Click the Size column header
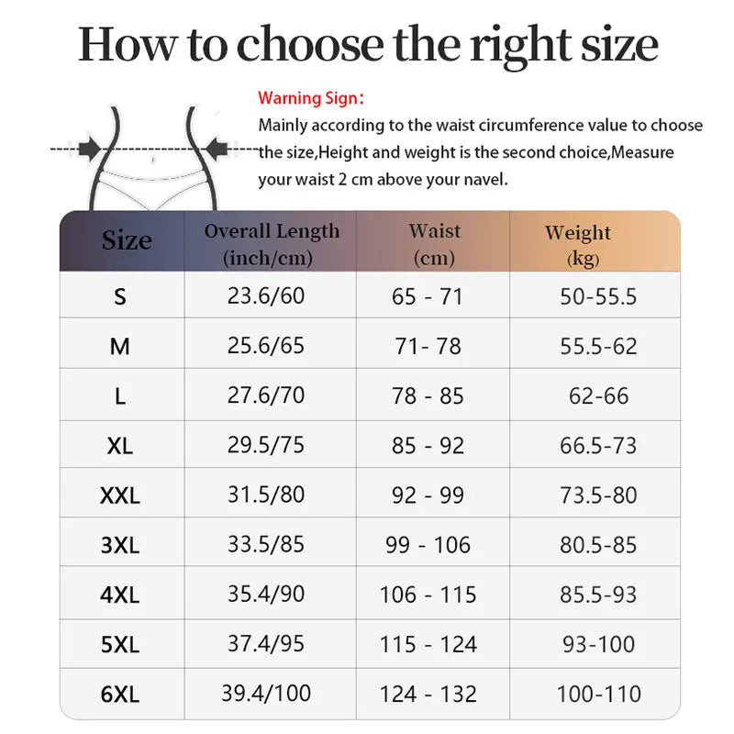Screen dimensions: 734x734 127,241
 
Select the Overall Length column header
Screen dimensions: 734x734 272,244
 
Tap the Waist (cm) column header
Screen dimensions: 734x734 434,244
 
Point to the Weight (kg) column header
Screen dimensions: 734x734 577,245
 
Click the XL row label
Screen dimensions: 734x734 119,447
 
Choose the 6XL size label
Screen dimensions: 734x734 119,695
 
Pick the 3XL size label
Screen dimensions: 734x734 119,546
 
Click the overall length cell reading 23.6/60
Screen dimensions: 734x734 266,296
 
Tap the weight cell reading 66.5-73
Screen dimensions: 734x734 598,446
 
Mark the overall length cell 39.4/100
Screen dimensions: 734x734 266,694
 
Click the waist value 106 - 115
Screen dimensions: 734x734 428,595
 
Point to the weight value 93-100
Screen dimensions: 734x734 598,644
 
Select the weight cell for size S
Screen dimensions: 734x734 598,296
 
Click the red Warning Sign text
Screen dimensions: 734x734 311,97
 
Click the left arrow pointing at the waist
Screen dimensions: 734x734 90,147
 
